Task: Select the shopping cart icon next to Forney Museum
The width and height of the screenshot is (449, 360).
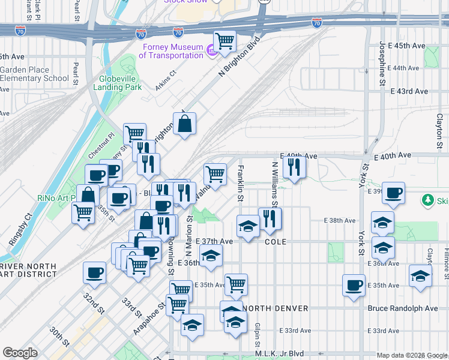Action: (x=224, y=41)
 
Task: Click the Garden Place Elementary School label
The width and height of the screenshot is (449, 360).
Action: (x=34, y=74)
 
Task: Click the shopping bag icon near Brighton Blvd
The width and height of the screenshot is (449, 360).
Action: (x=185, y=125)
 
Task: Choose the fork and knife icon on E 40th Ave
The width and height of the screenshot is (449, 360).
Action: (x=294, y=167)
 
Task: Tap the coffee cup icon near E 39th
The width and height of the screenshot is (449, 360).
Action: (x=394, y=193)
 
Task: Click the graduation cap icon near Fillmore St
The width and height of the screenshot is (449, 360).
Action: (x=420, y=277)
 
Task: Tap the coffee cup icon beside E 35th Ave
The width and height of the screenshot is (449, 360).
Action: (x=354, y=285)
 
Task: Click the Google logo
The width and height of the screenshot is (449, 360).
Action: (x=20, y=353)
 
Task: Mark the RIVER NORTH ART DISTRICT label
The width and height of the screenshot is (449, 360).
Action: (x=27, y=271)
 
